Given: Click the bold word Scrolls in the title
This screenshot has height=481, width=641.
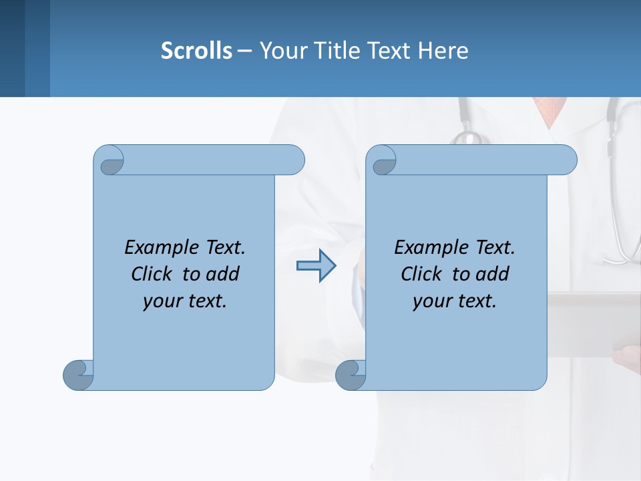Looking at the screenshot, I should click(x=196, y=50).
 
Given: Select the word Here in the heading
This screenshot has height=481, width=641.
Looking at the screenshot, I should click(x=443, y=50).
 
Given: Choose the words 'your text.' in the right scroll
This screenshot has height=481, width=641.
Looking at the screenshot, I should click(x=455, y=301).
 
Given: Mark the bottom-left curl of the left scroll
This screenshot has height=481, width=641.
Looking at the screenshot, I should click(x=78, y=375).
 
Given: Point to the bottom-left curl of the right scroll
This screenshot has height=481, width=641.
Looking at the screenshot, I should click(x=350, y=375).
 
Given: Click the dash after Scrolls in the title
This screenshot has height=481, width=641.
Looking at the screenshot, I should click(x=245, y=50).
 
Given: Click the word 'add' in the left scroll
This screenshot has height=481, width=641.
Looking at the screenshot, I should click(x=223, y=274).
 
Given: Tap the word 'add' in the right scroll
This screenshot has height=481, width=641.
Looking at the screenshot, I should click(x=493, y=274).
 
